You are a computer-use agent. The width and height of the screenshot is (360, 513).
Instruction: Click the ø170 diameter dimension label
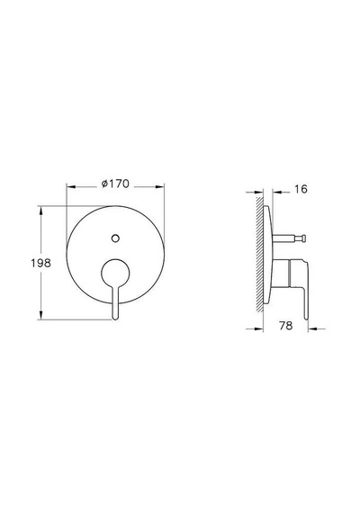point(115,184)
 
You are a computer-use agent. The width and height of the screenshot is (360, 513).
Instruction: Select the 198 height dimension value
point(40,263)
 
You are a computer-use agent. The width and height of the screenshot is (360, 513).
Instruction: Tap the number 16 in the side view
point(301,189)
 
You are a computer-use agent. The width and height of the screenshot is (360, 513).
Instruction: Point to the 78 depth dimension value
point(285,326)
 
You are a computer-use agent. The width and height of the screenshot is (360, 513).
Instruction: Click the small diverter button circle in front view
point(115,238)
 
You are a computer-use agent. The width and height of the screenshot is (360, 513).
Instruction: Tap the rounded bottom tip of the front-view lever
point(115,317)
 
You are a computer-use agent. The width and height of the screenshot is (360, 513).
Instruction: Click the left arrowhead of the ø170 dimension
point(71,187)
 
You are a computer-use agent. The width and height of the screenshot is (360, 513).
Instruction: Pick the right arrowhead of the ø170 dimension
point(159,187)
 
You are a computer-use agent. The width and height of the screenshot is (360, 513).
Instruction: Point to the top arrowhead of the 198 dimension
point(40,211)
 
